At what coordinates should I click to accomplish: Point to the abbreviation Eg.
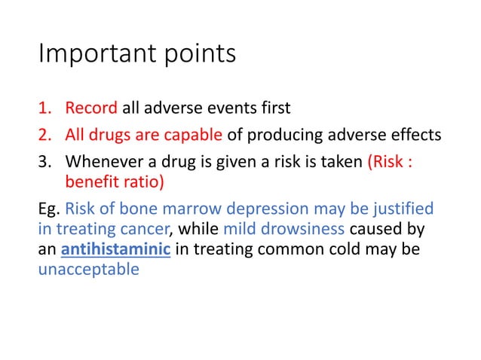click(47, 208)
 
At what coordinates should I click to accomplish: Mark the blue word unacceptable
click(88, 269)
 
